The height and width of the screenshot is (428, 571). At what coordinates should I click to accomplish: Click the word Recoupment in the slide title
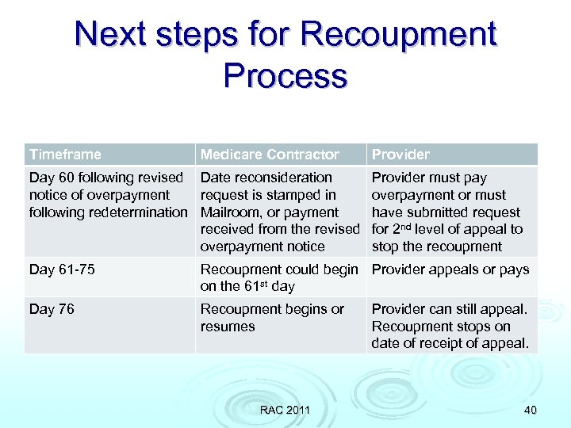point(399,35)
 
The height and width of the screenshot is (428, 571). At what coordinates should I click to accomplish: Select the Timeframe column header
point(65,155)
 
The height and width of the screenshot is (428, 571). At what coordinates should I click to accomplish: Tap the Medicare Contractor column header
point(270,155)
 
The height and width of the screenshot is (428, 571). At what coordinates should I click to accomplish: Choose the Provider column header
point(400,155)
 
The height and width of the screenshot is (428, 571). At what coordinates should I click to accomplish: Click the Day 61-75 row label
point(62,269)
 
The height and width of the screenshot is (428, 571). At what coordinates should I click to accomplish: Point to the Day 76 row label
point(52,309)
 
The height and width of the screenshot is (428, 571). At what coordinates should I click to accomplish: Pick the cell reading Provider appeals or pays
point(450,269)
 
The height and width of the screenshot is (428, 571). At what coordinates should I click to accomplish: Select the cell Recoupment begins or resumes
point(272,317)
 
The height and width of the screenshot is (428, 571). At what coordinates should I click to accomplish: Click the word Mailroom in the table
point(231,212)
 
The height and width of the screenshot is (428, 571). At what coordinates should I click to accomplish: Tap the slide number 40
point(530,410)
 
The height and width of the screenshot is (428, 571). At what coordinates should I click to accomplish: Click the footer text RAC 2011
point(285,410)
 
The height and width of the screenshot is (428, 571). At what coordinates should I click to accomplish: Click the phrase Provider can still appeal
point(449,309)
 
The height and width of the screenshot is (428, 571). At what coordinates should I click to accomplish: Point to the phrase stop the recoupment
point(437,246)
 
